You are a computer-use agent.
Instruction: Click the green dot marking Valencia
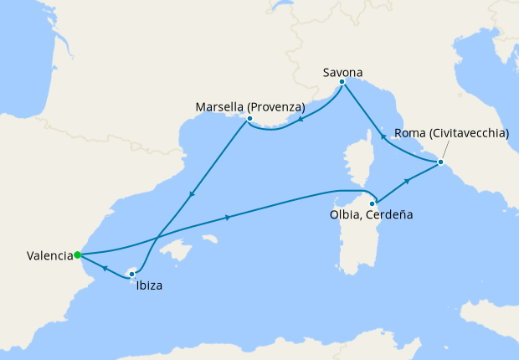77,255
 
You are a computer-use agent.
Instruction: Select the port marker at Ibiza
131,274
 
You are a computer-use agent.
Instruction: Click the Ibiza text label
148,285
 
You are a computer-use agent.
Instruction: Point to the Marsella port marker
249,119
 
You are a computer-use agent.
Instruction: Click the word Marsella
219,107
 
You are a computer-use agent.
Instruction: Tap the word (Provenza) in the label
275,107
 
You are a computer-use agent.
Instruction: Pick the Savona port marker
342,81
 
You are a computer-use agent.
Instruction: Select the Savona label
342,73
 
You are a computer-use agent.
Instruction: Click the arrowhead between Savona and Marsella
300,118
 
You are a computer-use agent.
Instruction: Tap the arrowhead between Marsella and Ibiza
193,195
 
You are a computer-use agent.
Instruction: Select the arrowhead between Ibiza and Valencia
105,268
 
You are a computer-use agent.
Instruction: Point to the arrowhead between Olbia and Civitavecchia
406,181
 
